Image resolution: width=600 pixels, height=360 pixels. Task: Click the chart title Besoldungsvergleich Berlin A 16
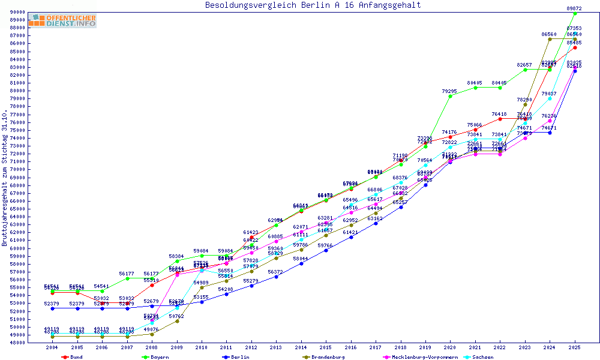point(313,5)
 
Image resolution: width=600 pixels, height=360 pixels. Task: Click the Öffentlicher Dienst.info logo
point(62,20)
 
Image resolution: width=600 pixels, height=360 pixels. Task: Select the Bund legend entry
point(72,357)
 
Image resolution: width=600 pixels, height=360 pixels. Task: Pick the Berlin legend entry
point(238,357)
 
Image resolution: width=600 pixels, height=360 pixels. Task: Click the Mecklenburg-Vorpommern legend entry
point(420,357)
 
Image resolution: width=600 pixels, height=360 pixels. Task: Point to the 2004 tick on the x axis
point(52,347)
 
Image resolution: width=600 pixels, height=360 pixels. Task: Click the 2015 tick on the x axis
point(326,347)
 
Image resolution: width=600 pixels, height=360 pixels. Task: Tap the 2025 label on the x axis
point(575,347)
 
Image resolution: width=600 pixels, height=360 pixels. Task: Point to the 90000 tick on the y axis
point(16,12)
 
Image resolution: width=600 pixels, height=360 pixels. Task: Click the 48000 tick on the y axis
point(16,343)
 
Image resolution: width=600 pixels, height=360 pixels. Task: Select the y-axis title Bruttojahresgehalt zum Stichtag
point(5,178)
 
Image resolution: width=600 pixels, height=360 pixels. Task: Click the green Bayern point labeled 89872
point(575,13)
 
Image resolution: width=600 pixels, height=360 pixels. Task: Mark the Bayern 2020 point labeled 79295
point(451,96)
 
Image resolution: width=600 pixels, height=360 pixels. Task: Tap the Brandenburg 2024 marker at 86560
point(550,39)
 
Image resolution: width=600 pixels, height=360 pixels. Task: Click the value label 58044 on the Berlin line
point(301,259)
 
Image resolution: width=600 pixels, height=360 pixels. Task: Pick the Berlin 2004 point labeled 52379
point(52,308)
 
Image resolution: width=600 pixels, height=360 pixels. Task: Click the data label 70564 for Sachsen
point(425,160)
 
